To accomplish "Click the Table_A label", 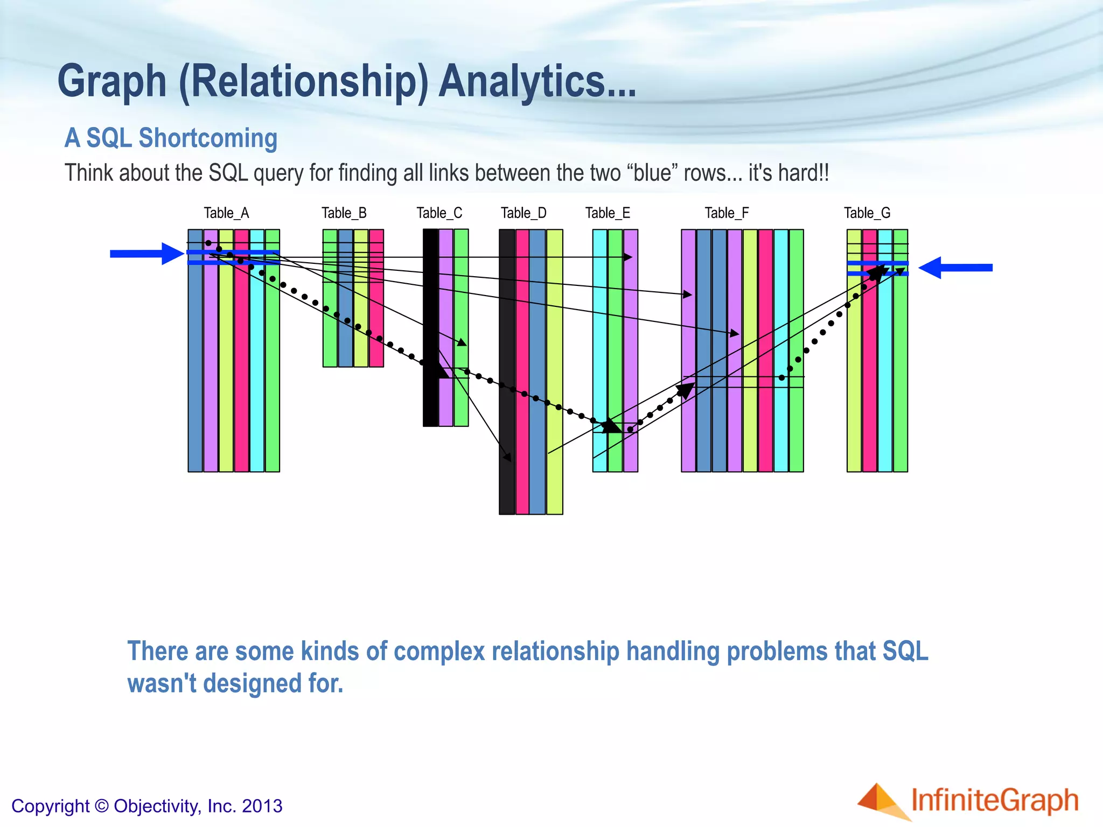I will tap(226, 213).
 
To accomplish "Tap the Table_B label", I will tap(344, 213).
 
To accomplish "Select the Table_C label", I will tap(439, 213).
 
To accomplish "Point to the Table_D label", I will tap(523, 213).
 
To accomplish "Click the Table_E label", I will tap(608, 213).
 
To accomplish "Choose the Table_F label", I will tap(727, 213).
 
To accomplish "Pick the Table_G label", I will tap(867, 213).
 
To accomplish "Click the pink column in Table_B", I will tap(376, 323).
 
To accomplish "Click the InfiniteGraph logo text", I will tap(994, 800).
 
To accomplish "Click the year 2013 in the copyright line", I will tap(262, 806).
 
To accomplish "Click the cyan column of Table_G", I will tap(885, 377).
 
